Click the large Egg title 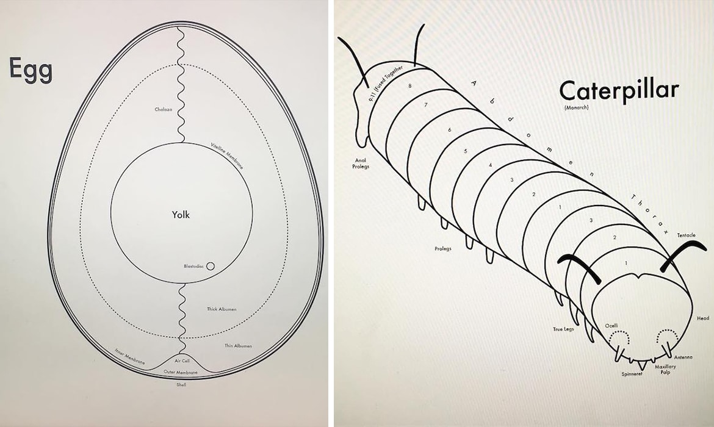pyautogui.click(x=31, y=70)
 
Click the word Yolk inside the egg pyautogui.click(x=181, y=214)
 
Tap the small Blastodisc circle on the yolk pyautogui.click(x=211, y=266)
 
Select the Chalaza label pyautogui.click(x=164, y=110)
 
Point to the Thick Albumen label pyautogui.click(x=222, y=309)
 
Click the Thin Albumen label pyautogui.click(x=238, y=346)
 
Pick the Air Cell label pyautogui.click(x=182, y=361)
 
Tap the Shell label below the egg pyautogui.click(x=181, y=385)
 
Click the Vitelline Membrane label pyautogui.click(x=227, y=156)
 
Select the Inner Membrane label pyautogui.click(x=130, y=356)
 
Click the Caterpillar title pyautogui.click(x=619, y=91)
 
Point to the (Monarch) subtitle pyautogui.click(x=576, y=107)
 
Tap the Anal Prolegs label pyautogui.click(x=361, y=163)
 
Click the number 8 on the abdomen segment pyautogui.click(x=410, y=85)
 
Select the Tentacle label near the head pyautogui.click(x=686, y=235)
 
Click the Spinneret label pyautogui.click(x=632, y=374)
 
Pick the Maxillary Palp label pyautogui.click(x=665, y=369)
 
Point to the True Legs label pyautogui.click(x=563, y=329)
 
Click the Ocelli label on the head pyautogui.click(x=611, y=326)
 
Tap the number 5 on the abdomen pyautogui.click(x=466, y=151)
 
